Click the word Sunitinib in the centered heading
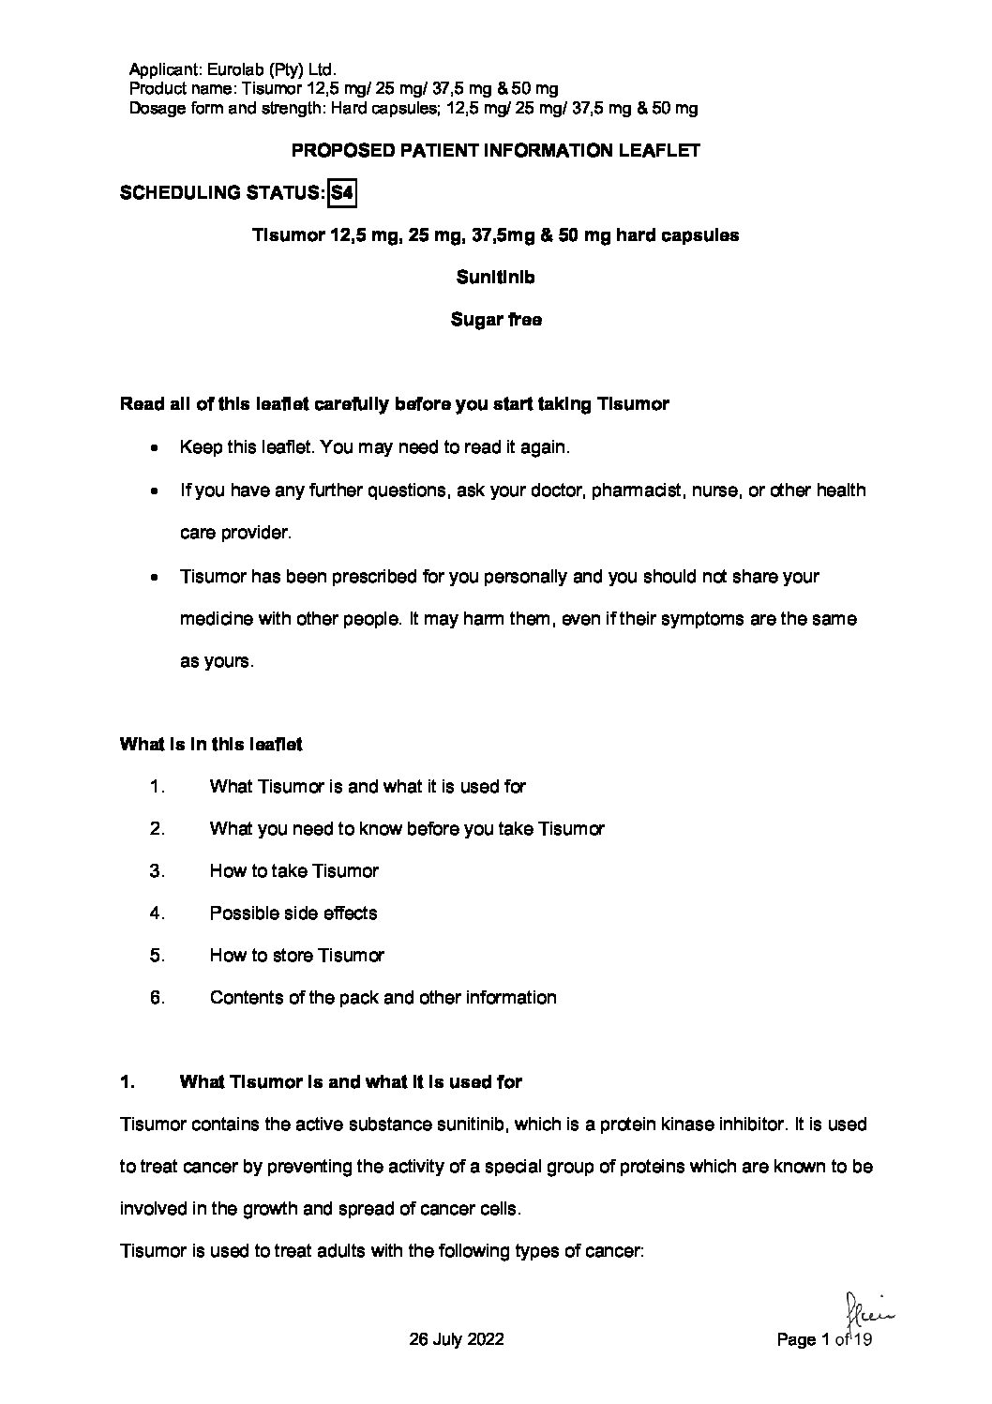495,278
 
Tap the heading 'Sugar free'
495,320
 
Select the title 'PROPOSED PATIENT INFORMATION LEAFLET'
496,150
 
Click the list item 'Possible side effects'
293,913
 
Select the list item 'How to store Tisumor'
297,955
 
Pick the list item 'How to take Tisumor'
294,870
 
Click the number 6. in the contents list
158,997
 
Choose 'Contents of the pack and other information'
383,997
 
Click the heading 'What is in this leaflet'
211,744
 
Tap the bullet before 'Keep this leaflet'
155,448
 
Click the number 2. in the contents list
158,828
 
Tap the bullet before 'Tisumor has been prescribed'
155,576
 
